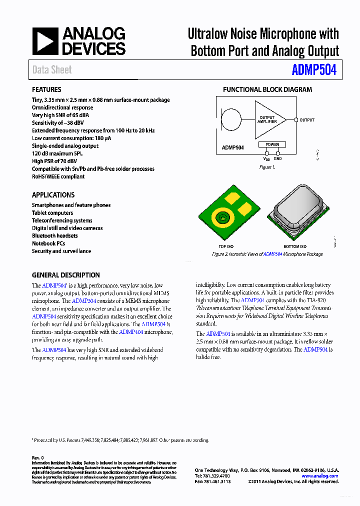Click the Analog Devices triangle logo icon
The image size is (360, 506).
click(x=45, y=41)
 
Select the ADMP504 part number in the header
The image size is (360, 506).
click(x=314, y=70)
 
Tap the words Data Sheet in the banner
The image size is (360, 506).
click(x=52, y=70)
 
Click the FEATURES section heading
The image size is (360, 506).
click(x=46, y=89)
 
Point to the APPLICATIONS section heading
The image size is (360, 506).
click(x=53, y=195)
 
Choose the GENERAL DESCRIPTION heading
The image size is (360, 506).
click(x=65, y=275)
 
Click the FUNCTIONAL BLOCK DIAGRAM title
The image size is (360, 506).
click(x=267, y=89)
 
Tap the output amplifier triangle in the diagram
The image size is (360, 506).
click(x=268, y=120)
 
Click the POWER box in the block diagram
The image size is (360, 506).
click(x=272, y=144)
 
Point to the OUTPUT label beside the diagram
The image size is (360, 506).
click(x=307, y=120)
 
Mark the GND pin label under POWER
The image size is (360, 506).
click(x=277, y=158)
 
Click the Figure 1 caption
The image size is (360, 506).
click(x=267, y=167)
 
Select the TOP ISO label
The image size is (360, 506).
click(x=226, y=246)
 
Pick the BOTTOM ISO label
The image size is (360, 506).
click(x=295, y=246)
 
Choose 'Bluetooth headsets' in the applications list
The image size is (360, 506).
click(x=55, y=235)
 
